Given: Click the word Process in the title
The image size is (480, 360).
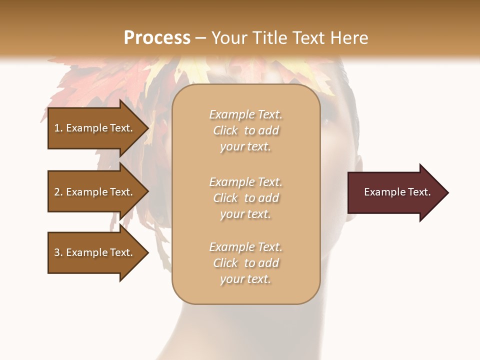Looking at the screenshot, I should click(157, 38).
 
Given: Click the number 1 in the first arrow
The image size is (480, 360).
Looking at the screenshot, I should click(57, 128).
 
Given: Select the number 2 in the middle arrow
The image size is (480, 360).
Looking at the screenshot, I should click(57, 192).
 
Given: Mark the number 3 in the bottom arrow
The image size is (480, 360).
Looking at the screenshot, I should click(57, 252).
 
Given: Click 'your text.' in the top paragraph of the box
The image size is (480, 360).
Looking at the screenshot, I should click(245, 147).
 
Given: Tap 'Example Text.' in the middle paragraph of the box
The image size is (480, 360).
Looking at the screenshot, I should click(245, 182).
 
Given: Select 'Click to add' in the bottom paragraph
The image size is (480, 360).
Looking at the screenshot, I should click(245, 263).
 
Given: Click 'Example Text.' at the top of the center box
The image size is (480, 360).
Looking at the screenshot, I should click(245, 114).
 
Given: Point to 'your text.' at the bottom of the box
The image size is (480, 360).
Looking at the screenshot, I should click(245, 279).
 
